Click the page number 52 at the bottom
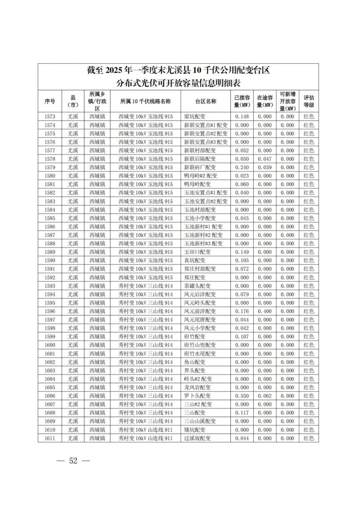click(x=73, y=461)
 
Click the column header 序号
click(x=50, y=101)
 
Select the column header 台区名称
click(x=206, y=101)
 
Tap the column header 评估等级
click(x=309, y=101)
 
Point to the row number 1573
click(x=50, y=117)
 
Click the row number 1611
click(x=50, y=438)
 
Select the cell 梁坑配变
click(x=195, y=117)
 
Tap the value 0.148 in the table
click(x=242, y=117)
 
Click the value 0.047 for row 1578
click(x=265, y=159)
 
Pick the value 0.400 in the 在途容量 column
click(x=265, y=311)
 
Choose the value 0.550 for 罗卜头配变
click(x=242, y=396)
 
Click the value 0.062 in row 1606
click(x=265, y=396)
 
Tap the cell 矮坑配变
click(x=195, y=430)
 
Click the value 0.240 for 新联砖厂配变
click(x=242, y=167)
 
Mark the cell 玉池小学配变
click(x=200, y=218)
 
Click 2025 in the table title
click(x=113, y=70)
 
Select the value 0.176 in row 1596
click(x=242, y=311)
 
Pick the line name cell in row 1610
click(x=145, y=430)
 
